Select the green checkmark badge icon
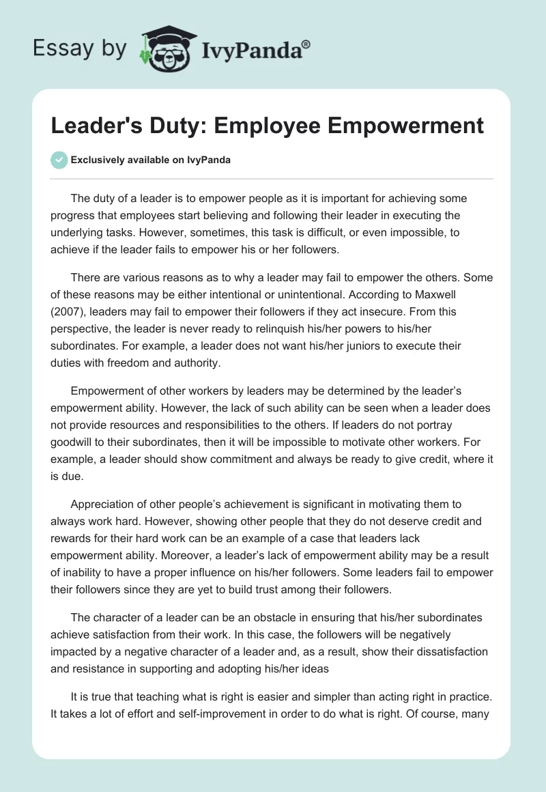click(x=59, y=160)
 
